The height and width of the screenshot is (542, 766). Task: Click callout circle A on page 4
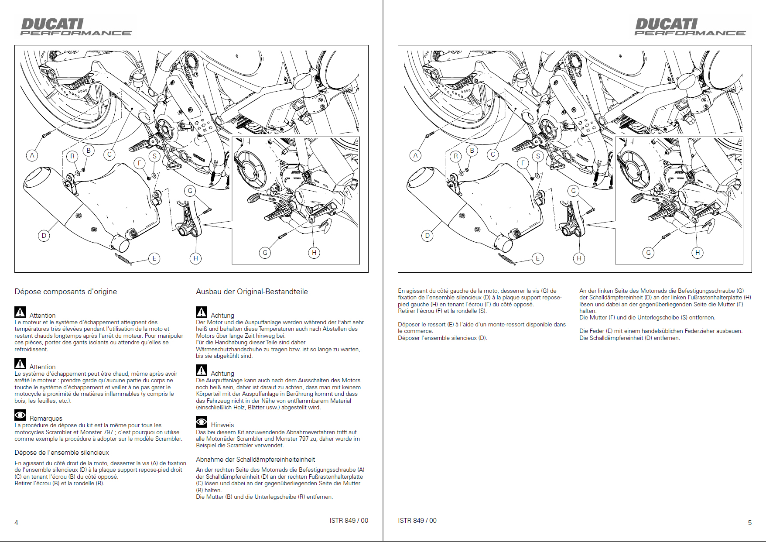click(x=32, y=155)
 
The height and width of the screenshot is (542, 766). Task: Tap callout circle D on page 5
click(x=427, y=236)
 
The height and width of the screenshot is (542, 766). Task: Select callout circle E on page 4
click(x=154, y=258)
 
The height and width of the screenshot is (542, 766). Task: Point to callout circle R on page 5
click(x=456, y=156)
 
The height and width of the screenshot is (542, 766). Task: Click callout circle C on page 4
click(x=109, y=154)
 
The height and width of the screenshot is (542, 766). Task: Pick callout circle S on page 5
click(x=538, y=156)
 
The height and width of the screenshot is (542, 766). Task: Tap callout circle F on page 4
click(x=140, y=163)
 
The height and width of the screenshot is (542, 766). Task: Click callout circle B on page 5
click(x=472, y=151)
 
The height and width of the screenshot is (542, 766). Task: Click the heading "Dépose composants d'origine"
click(x=66, y=292)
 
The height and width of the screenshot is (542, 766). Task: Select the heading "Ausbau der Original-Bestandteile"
click(x=252, y=292)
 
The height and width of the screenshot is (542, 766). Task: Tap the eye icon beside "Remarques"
click(x=20, y=415)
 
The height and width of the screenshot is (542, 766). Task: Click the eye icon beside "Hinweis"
click(x=202, y=422)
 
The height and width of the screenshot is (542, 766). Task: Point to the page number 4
click(x=17, y=522)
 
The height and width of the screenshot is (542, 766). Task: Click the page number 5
click(x=749, y=522)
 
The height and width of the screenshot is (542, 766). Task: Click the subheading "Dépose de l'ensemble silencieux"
click(x=62, y=453)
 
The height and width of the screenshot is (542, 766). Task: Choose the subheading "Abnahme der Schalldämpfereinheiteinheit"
click(x=255, y=460)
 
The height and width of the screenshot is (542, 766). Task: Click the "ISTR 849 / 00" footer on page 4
click(x=349, y=521)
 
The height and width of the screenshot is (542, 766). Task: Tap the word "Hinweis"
click(x=222, y=425)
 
